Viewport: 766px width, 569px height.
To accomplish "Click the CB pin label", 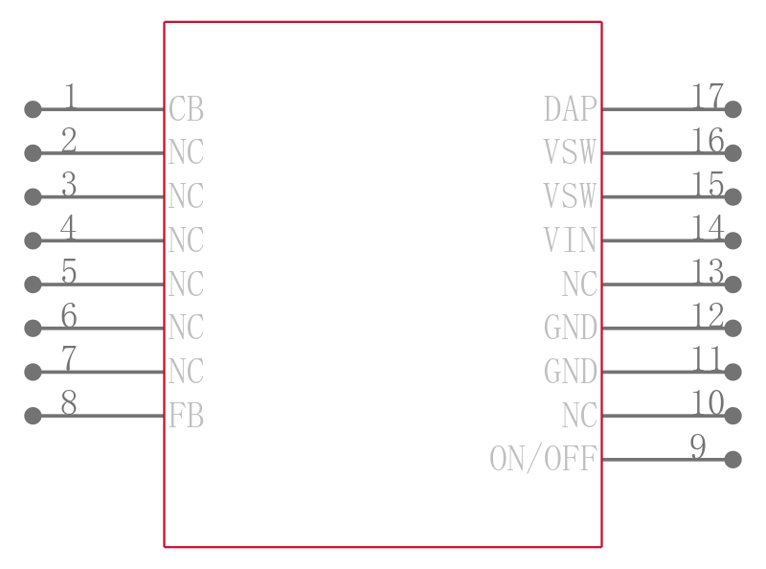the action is [186, 108].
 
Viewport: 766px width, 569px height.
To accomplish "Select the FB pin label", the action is [186, 416].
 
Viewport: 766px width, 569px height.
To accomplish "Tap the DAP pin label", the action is [570, 108].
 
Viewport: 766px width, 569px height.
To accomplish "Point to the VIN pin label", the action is [570, 240].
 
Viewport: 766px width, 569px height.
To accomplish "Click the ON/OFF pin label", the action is [543, 459].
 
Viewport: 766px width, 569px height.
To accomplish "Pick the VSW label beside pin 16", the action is [570, 152].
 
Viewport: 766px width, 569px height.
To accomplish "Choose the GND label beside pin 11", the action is [570, 372].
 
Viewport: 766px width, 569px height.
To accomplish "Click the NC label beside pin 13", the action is [579, 284].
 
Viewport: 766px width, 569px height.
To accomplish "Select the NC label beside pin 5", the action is [186, 284].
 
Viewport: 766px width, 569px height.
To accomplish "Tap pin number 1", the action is [70, 96].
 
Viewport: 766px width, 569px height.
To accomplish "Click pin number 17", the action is [708, 96].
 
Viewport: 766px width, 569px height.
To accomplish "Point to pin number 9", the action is [698, 446].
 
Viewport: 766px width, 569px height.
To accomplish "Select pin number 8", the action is [69, 402].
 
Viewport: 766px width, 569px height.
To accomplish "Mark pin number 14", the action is [708, 227].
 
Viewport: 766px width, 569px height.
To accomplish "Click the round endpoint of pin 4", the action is [33, 240].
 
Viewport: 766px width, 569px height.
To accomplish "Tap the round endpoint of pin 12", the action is [732, 328].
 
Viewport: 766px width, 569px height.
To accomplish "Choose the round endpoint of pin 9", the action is [732, 460].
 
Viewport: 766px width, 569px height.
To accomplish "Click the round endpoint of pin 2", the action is [33, 153].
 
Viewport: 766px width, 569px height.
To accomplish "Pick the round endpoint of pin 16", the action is [732, 153].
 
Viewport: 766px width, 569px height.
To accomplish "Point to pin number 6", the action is [69, 315].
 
